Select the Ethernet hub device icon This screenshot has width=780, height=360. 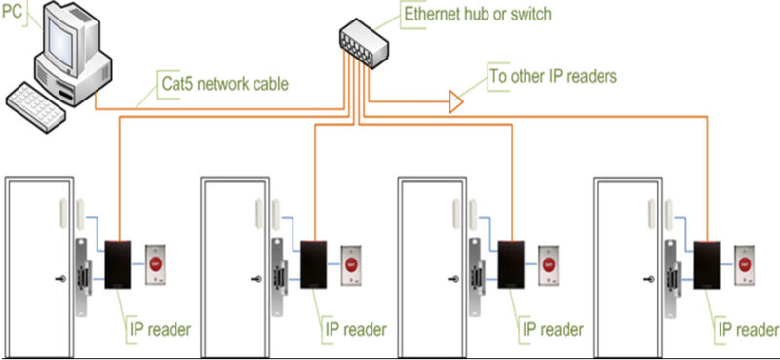362,38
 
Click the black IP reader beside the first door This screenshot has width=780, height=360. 119,261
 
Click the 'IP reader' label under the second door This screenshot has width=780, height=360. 353,329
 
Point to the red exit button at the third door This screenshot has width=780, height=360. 549,263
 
